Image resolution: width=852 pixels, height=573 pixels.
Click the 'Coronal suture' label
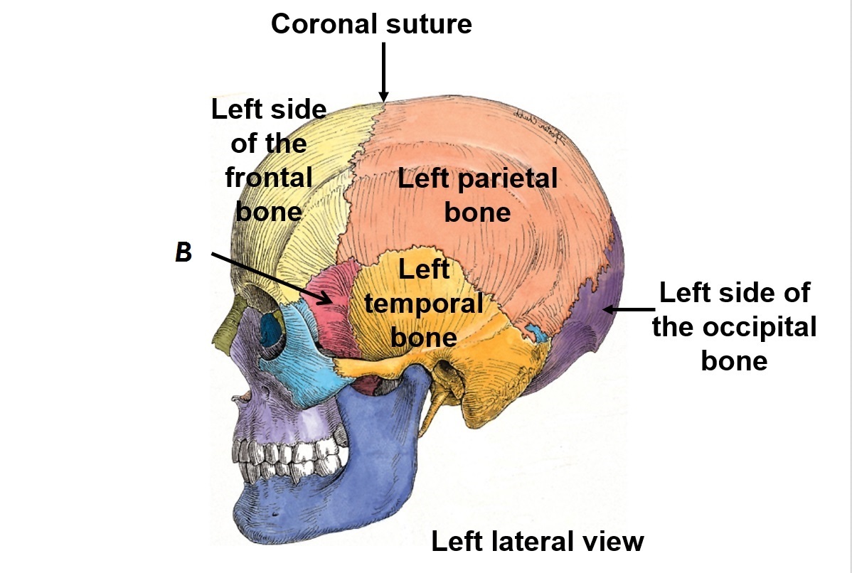click(x=371, y=24)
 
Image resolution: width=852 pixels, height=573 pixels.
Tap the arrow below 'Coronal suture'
click(x=384, y=71)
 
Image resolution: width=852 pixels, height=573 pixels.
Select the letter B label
click(x=183, y=254)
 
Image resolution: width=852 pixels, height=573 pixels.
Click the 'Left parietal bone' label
click(x=477, y=195)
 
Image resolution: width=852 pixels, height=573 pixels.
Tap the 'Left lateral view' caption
click(x=537, y=542)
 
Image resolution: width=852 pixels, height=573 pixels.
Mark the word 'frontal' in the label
click(x=269, y=178)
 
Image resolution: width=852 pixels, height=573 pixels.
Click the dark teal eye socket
click(x=271, y=327)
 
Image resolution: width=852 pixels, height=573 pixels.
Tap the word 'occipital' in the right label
click(x=734, y=328)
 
